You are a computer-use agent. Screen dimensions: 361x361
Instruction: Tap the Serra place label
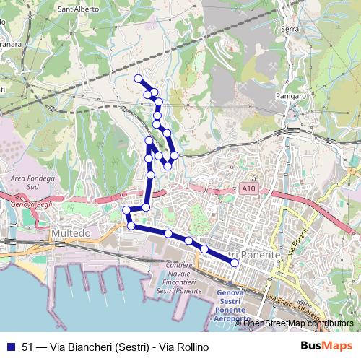point(290,28)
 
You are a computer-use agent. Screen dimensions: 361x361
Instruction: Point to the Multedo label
point(71,234)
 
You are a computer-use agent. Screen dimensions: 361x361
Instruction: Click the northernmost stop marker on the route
point(138,78)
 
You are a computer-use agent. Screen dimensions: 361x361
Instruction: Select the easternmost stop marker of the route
point(235,263)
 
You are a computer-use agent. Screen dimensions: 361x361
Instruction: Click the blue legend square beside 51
point(11,346)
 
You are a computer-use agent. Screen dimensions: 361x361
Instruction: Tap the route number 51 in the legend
point(28,346)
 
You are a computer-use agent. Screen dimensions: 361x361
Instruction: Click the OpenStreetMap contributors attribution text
point(298,323)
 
